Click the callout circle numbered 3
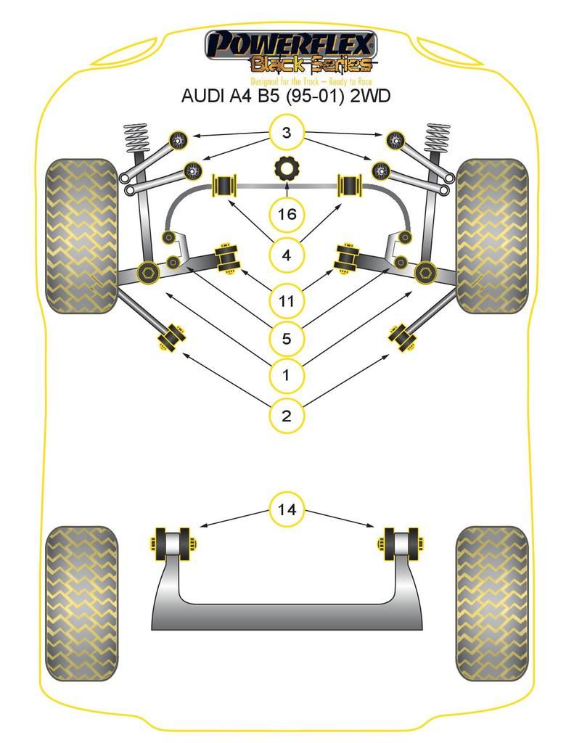click(x=287, y=133)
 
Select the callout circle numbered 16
click(x=287, y=214)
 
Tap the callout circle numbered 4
click(x=287, y=255)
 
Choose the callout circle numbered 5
click(x=287, y=338)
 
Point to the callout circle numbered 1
click(x=287, y=375)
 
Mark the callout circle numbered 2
click(x=287, y=416)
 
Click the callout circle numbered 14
click(x=287, y=509)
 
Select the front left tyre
click(x=81, y=236)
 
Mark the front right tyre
click(x=491, y=236)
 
